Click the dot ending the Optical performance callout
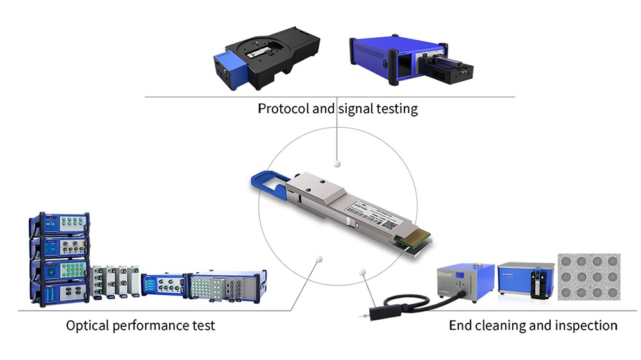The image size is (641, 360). (x=318, y=259)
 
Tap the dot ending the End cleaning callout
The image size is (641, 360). (x=362, y=272)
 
